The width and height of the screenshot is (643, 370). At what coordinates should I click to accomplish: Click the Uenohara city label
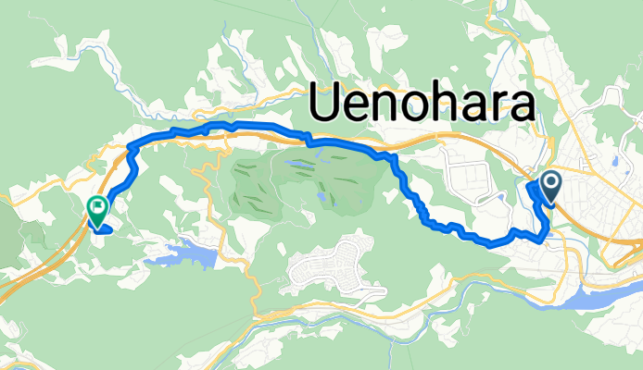422,104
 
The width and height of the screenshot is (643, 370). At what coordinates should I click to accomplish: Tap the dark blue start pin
550,188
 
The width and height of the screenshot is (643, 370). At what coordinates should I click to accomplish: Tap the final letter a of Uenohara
523,107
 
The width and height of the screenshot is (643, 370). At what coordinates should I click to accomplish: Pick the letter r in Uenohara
500,107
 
